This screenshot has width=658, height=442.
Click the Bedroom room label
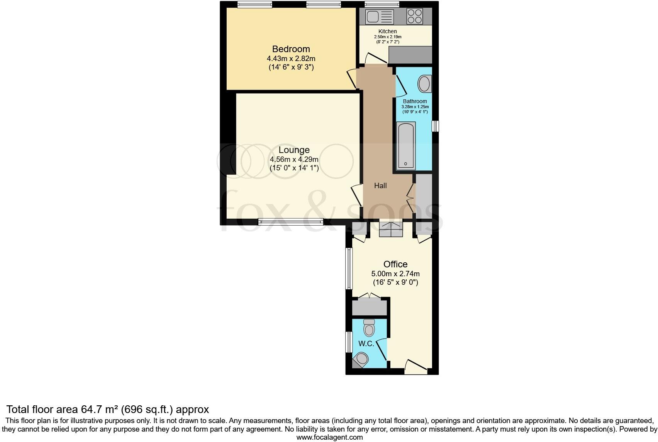tap(291, 49)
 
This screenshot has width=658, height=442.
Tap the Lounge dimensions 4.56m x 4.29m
tap(294, 159)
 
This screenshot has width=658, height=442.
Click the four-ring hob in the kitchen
tap(414, 16)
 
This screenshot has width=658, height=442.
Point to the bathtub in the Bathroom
tap(406, 146)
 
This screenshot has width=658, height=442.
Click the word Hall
tap(380, 186)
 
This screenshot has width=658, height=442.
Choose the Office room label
tap(395, 264)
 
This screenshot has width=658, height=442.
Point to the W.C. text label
tap(366, 343)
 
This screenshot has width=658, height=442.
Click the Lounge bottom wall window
tap(290, 222)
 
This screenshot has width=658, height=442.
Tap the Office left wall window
tap(349, 269)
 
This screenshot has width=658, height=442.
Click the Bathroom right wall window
tap(435, 126)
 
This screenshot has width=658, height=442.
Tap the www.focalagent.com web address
tap(329, 437)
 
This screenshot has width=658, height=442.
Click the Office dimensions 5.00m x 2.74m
tap(395, 274)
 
